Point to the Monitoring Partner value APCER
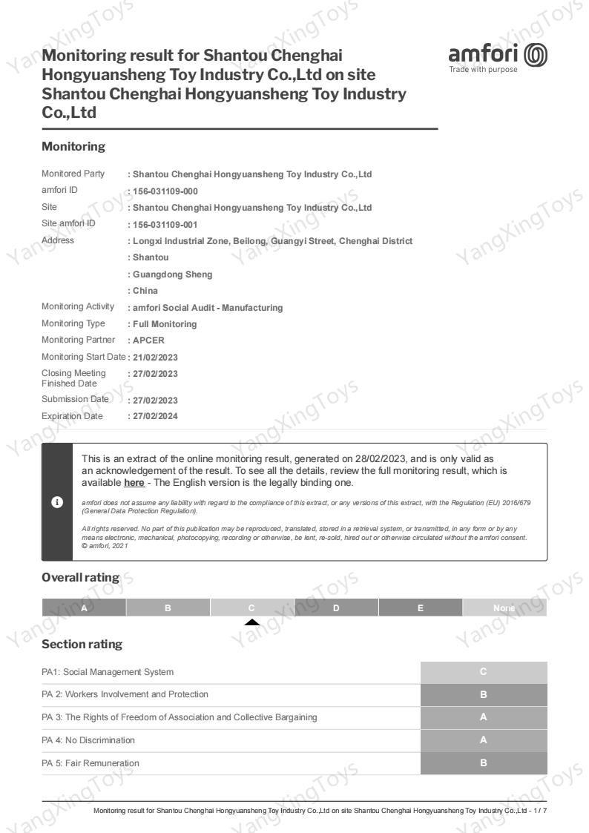[149, 340]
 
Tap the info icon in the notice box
[56, 501]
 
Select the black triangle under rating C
[252, 622]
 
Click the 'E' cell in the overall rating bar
[420, 608]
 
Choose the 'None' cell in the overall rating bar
[504, 608]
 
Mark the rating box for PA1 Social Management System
[484, 672]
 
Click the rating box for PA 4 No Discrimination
[484, 740]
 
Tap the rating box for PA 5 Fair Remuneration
[484, 763]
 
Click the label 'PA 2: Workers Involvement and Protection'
[125, 694]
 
